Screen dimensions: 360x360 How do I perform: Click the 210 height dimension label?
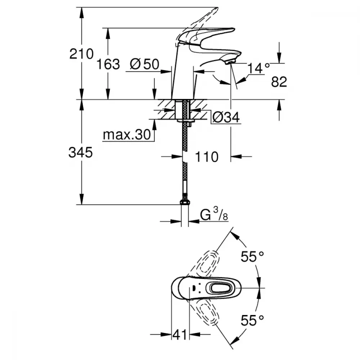point(81,55)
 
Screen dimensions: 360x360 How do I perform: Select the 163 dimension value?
point(108,64)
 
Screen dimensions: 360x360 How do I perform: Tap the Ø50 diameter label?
point(145,64)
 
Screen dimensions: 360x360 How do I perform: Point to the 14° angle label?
point(259,67)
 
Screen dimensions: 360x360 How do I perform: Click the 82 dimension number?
point(279,82)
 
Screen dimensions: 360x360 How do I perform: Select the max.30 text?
point(126,135)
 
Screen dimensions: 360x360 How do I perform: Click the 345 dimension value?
point(81,153)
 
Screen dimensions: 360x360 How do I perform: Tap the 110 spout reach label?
point(207,157)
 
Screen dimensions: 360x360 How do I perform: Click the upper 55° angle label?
point(252,257)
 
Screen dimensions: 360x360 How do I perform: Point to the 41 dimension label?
point(180,335)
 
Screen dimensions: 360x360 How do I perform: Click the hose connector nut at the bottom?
point(185,201)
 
